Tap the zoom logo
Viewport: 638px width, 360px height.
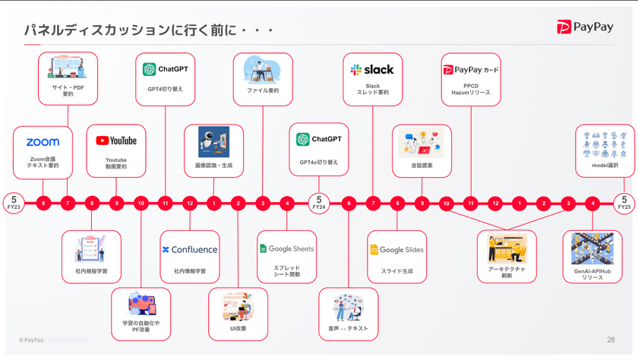(x=43, y=142)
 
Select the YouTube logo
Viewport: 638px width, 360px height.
(x=116, y=141)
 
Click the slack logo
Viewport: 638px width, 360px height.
(x=372, y=70)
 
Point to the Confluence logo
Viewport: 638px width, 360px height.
(x=190, y=249)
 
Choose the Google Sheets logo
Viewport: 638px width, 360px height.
(x=286, y=249)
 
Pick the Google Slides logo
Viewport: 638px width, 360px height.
(x=396, y=250)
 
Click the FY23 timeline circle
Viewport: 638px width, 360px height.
(x=13, y=203)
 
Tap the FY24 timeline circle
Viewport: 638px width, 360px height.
(x=319, y=203)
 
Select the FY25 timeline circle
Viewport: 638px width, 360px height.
(x=624, y=203)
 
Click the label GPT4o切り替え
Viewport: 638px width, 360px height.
(x=319, y=163)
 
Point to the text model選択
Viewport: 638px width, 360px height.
(x=605, y=166)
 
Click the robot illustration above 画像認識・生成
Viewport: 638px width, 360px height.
(x=213, y=141)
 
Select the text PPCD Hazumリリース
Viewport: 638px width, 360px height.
(x=471, y=89)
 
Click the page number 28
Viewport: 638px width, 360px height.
(x=611, y=339)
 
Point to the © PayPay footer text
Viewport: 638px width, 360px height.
(x=31, y=339)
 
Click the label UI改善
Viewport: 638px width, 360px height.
(x=238, y=328)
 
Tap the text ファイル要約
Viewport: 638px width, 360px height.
(x=263, y=90)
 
